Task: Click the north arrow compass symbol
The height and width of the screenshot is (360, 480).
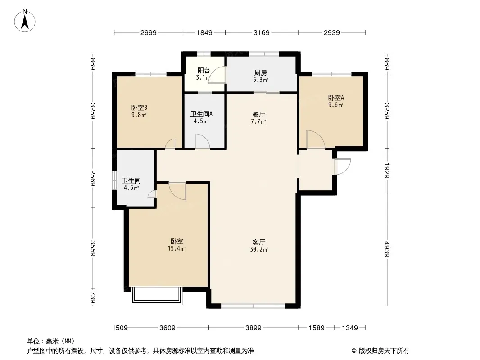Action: [25, 21]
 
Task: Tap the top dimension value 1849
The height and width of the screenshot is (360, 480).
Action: [204, 32]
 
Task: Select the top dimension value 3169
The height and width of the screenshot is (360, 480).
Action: [262, 32]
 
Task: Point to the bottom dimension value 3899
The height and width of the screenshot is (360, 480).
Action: [254, 328]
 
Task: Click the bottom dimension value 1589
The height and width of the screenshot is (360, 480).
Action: [316, 328]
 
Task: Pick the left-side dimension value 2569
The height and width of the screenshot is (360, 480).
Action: [93, 178]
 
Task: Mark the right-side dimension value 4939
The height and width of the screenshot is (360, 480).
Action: [387, 249]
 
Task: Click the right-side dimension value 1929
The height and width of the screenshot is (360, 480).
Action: [387, 171]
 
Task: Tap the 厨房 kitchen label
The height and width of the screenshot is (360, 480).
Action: [261, 73]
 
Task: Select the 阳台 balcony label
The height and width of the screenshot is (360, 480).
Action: [204, 71]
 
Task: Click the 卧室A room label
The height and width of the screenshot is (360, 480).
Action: [336, 98]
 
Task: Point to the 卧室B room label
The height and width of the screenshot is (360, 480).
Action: [139, 108]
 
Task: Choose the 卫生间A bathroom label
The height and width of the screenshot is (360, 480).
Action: [201, 114]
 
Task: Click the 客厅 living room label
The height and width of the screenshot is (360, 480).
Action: [259, 242]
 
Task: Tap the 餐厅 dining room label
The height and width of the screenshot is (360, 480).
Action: [259, 115]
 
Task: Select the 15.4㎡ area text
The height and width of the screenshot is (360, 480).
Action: [177, 248]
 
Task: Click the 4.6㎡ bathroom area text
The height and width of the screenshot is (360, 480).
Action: [131, 188]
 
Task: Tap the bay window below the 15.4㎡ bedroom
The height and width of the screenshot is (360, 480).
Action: [157, 296]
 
